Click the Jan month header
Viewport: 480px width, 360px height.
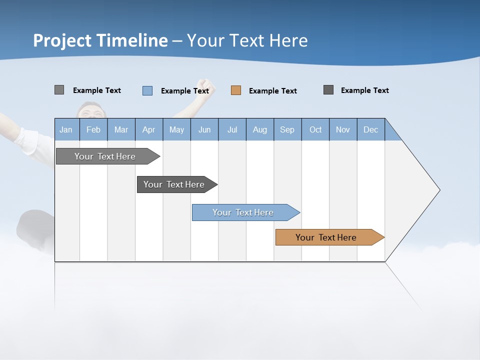(66, 129)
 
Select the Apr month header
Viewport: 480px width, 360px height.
(148, 129)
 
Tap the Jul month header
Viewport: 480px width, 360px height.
(232, 129)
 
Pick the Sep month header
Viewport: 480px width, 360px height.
(287, 129)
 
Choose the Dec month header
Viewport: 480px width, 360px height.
(370, 129)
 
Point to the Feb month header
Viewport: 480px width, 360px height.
(93, 129)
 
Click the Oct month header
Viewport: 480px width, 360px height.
(315, 129)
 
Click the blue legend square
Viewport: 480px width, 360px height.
(147, 90)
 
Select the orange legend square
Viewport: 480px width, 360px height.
(236, 90)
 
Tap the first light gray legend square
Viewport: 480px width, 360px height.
(59, 90)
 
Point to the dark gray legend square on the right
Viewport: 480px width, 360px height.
(328, 90)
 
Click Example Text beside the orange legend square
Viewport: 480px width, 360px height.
(272, 91)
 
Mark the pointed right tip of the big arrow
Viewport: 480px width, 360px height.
(439, 190)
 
